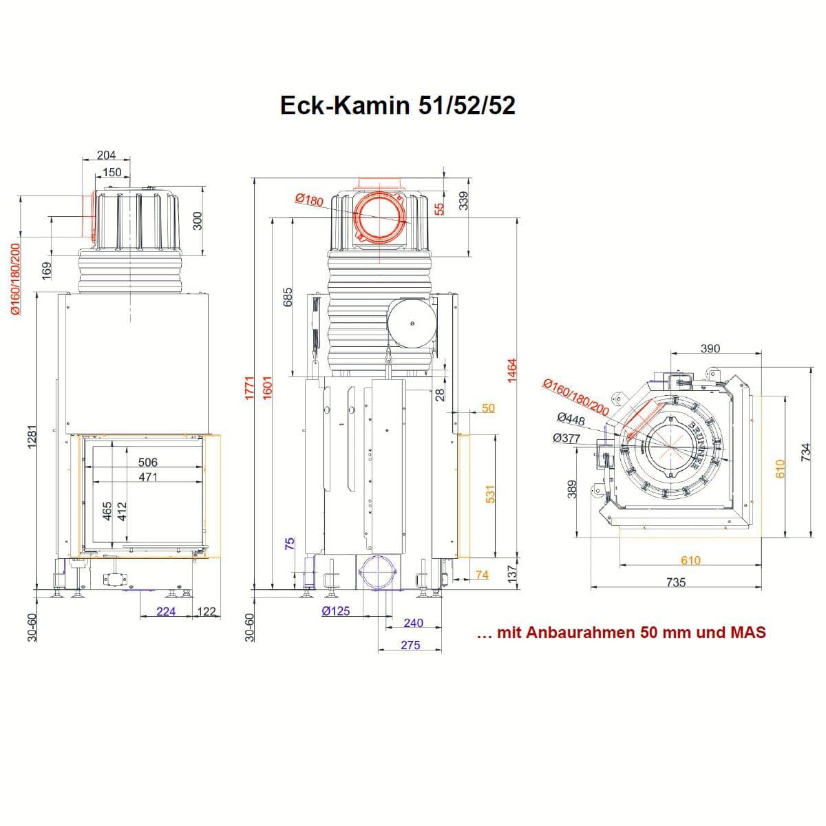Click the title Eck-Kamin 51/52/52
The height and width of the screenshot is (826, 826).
point(398,105)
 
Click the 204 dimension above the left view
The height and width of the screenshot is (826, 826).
point(106,156)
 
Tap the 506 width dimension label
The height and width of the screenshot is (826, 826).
point(147,463)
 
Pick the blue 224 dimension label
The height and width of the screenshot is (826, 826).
point(166,611)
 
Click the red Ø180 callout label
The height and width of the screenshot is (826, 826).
point(309,200)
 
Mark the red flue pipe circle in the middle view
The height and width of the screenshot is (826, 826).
point(381,219)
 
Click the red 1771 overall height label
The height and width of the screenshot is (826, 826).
point(251,387)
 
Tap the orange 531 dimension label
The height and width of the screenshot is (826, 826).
point(491,494)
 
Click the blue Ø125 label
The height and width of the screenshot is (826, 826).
point(335,611)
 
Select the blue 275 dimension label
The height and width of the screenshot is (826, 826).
point(410,646)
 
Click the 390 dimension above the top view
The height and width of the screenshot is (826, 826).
point(710,348)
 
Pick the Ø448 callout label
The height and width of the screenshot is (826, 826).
point(570,419)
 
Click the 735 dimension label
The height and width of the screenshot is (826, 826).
point(676,582)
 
